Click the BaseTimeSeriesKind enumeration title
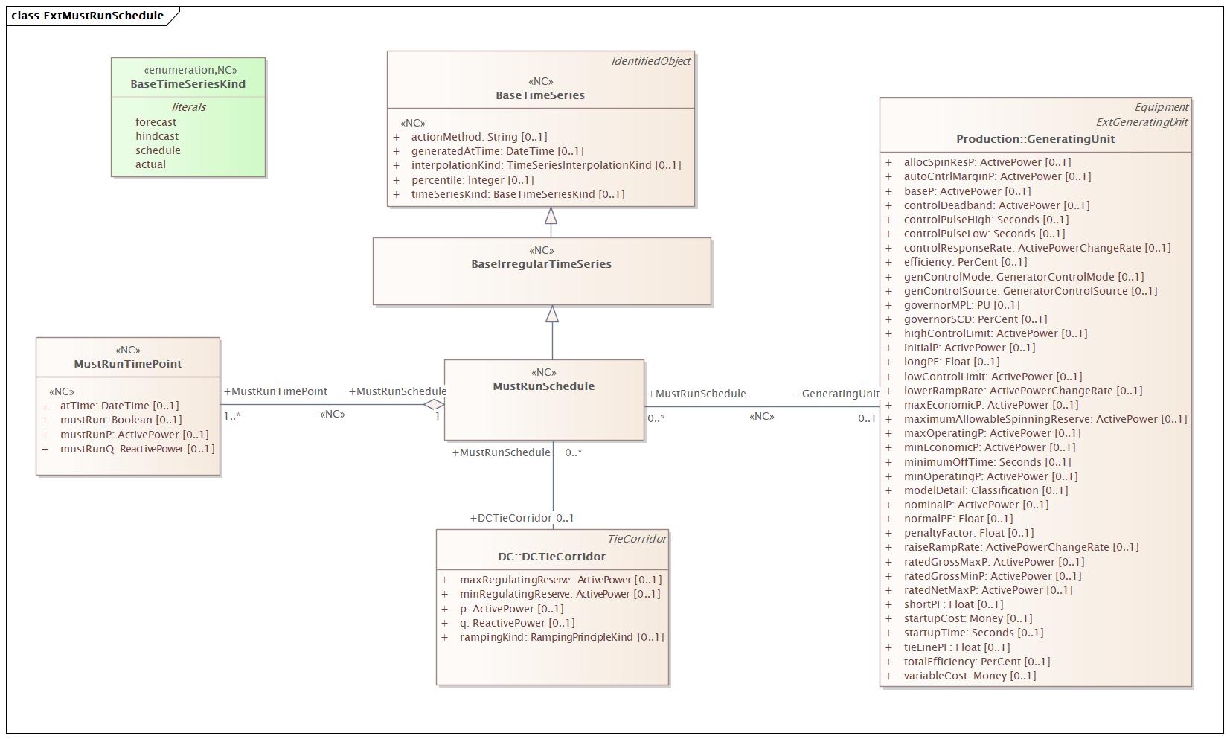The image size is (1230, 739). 188,84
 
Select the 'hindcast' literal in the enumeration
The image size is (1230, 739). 157,136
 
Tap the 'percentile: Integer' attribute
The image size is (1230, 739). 473,180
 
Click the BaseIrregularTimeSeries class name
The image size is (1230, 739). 541,264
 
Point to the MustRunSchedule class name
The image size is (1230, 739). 543,386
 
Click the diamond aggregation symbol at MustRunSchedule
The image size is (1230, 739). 434,405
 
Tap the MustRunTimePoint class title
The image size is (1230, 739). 128,364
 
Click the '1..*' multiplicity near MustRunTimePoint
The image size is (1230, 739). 232,417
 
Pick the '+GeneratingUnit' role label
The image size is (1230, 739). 836,394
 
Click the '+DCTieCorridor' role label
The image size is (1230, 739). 511,518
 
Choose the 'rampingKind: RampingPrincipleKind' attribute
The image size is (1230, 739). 561,637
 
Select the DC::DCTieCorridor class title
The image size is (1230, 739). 551,557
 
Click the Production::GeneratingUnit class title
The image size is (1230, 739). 1035,139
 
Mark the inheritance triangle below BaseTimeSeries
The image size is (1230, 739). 551,216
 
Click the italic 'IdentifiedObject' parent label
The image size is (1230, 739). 651,61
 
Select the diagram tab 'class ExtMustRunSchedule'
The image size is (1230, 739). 88,16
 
